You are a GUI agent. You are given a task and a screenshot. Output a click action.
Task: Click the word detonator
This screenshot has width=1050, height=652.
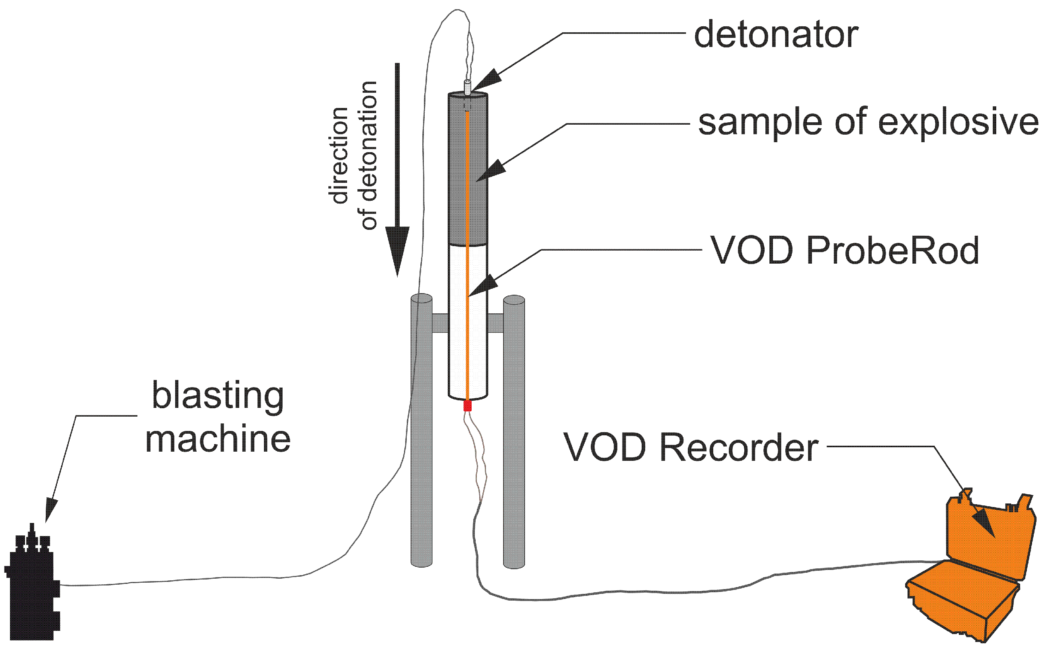pyautogui.click(x=775, y=35)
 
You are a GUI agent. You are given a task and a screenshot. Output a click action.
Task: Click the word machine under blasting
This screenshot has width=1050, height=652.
pyautogui.click(x=218, y=439)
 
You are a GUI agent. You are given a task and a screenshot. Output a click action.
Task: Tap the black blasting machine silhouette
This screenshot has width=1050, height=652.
pyautogui.click(x=32, y=591)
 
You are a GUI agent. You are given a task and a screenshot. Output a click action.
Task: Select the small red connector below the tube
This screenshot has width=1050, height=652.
pyautogui.click(x=467, y=406)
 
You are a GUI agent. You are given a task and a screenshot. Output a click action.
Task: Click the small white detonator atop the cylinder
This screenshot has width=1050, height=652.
pyautogui.click(x=467, y=86)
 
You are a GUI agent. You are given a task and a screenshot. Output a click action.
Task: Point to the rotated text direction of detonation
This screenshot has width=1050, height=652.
pyautogui.click(x=353, y=155)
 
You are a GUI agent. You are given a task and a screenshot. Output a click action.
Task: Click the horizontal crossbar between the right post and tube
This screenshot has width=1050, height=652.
pyautogui.click(x=496, y=323)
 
